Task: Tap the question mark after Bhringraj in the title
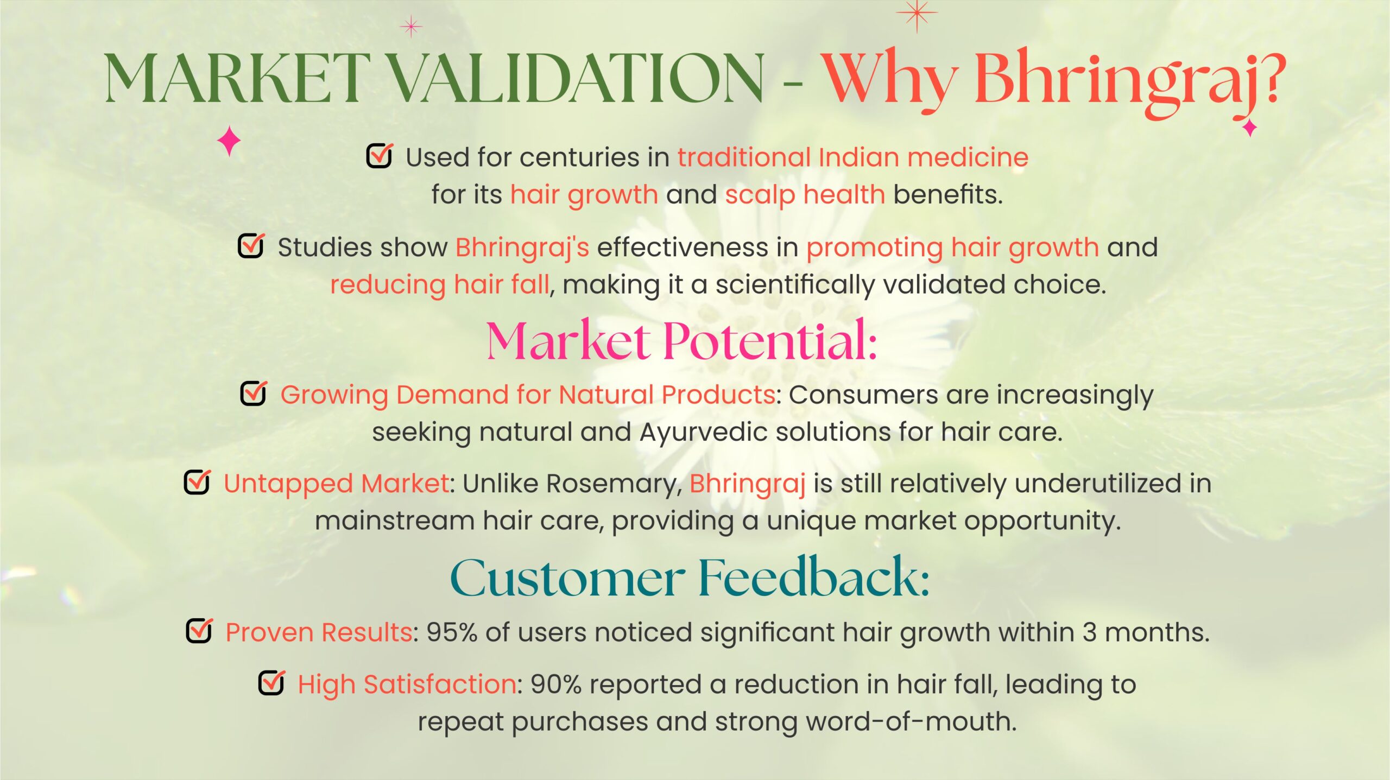[x=1269, y=76]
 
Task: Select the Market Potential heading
[x=681, y=341]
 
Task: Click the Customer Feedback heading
[x=690, y=576]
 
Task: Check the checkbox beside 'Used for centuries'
[x=380, y=155]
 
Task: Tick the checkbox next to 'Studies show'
[x=251, y=245]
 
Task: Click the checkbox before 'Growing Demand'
[x=254, y=392]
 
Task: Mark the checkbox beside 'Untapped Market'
[x=197, y=481]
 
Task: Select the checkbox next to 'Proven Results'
[x=199, y=630]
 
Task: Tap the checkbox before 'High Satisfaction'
[x=271, y=682]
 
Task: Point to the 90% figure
[x=556, y=684]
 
